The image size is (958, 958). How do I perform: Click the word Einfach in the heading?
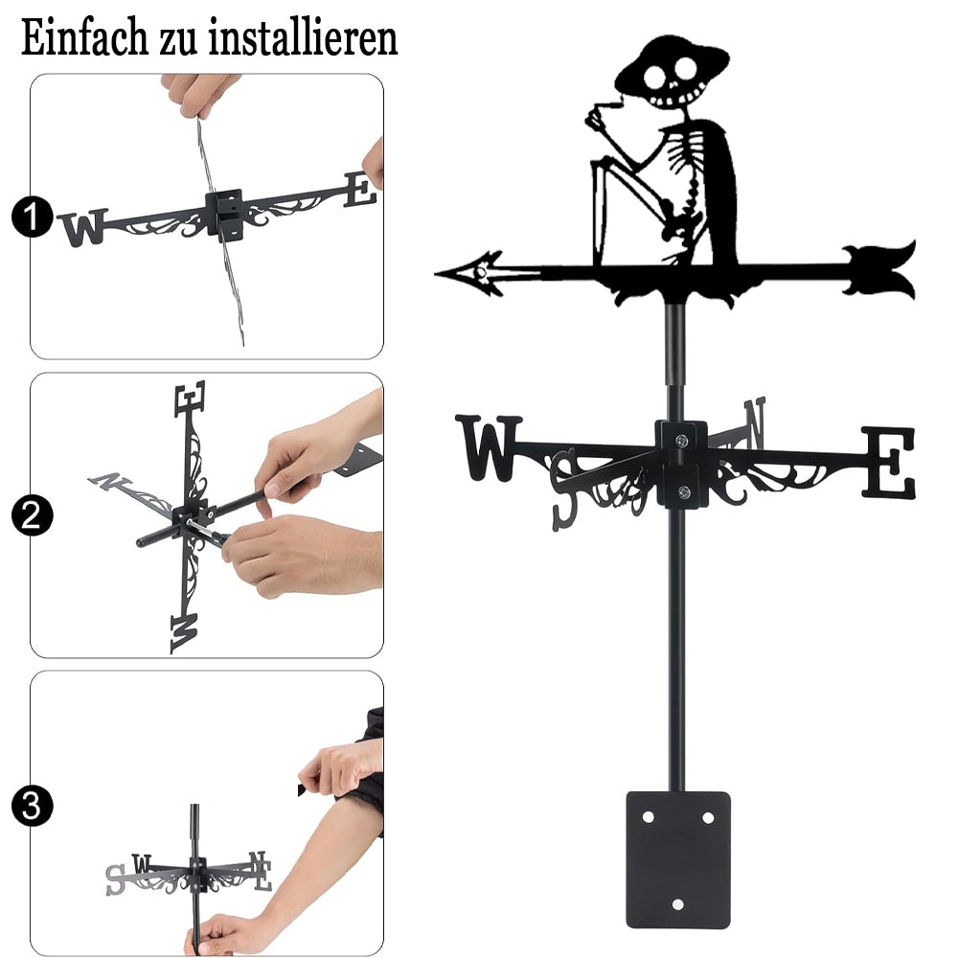tap(84, 37)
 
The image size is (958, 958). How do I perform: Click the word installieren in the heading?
tap(303, 37)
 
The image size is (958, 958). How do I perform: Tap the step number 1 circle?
tap(32, 217)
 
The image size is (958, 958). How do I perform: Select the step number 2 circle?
tap(32, 515)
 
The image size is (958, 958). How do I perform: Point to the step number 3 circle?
tap(32, 806)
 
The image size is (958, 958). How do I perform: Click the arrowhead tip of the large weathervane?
tap(436, 274)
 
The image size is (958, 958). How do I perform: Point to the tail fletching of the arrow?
tap(879, 270)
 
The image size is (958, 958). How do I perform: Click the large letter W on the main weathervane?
tap(489, 447)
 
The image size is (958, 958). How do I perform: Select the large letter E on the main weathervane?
tap(889, 463)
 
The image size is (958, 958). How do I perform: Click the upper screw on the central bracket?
tap(682, 440)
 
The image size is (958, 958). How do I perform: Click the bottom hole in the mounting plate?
tap(677, 904)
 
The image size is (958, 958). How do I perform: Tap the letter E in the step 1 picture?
tap(360, 190)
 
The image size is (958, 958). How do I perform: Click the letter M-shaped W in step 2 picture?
tap(184, 633)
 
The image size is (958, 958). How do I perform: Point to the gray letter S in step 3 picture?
tap(115, 879)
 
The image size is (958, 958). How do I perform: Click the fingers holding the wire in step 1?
tap(198, 95)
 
